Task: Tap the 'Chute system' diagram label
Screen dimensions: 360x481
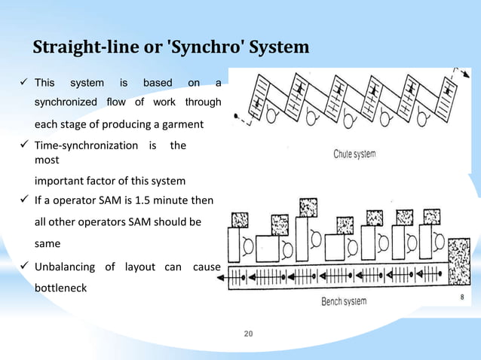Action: click(354, 154)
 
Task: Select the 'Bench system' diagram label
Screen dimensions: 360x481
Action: click(344, 301)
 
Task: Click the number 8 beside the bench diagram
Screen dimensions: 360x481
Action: click(462, 297)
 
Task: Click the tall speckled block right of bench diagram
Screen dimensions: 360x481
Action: click(457, 261)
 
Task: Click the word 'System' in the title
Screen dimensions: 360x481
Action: click(280, 48)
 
